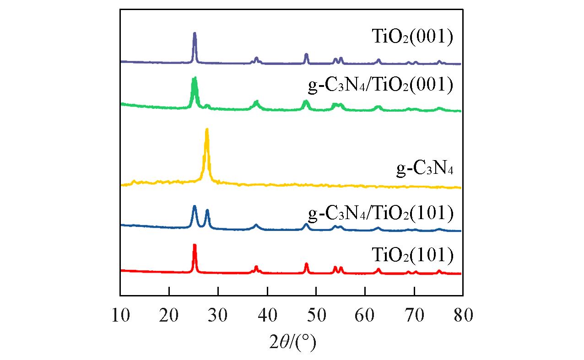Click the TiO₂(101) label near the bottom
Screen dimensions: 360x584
(x=412, y=255)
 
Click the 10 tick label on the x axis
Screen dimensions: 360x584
(x=120, y=315)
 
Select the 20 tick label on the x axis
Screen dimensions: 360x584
(x=169, y=315)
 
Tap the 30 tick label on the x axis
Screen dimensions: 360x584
(x=218, y=315)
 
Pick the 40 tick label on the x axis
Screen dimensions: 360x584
(x=267, y=315)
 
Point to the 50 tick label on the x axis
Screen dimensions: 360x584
(x=316, y=315)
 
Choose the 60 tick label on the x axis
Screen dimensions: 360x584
(x=365, y=315)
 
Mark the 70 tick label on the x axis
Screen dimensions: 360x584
(x=414, y=315)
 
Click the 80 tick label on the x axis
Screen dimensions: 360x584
(x=462, y=315)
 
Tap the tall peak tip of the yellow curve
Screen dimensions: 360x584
(x=207, y=130)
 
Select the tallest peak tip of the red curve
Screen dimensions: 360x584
(x=195, y=246)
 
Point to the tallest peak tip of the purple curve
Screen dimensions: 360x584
(x=195, y=33)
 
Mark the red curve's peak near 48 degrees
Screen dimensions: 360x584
(x=306, y=264)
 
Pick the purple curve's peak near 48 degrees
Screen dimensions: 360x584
(x=306, y=54)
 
